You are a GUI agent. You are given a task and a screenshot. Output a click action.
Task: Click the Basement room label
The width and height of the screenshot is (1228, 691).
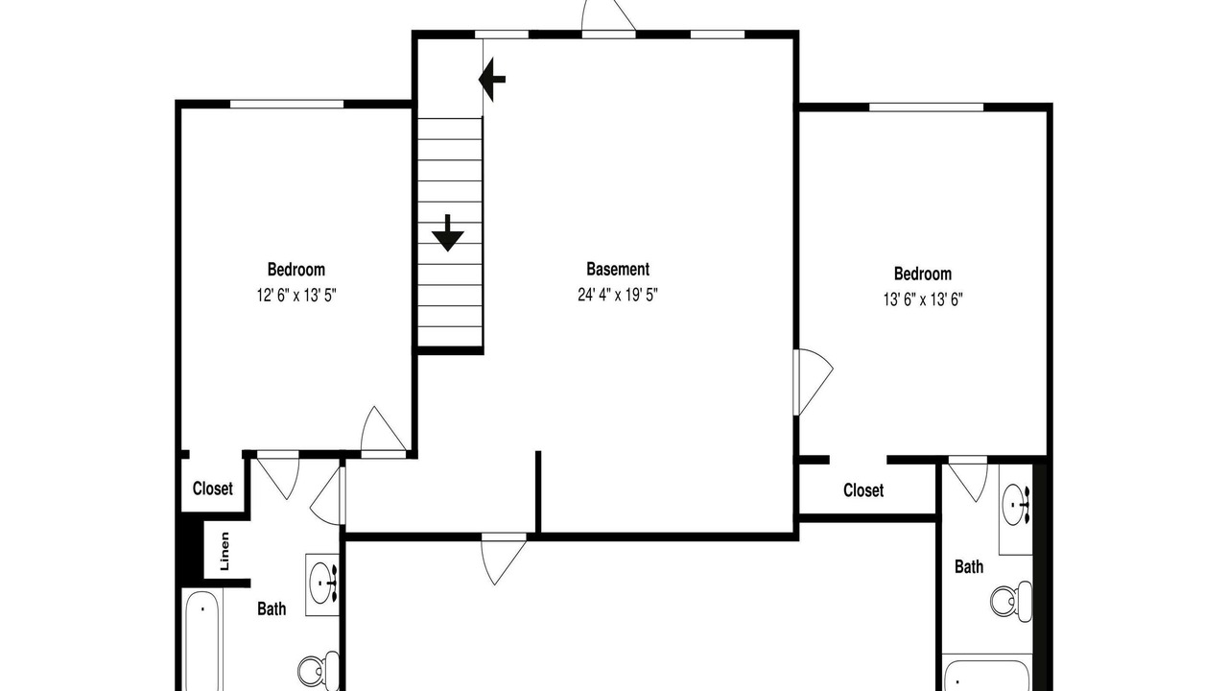tap(618, 270)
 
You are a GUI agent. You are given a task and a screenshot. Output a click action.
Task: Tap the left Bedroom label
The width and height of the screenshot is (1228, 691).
tap(296, 270)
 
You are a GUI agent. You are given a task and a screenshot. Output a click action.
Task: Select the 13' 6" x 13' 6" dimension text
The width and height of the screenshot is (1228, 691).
tap(923, 299)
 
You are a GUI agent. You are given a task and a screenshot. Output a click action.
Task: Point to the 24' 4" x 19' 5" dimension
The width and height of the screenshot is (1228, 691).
tap(618, 295)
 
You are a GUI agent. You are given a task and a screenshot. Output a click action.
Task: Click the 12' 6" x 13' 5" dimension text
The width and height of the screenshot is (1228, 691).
tap(296, 296)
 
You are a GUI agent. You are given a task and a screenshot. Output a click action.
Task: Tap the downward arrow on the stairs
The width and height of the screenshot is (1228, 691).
tap(448, 233)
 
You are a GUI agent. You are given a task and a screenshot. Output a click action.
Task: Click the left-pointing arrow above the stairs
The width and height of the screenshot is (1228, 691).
tap(492, 80)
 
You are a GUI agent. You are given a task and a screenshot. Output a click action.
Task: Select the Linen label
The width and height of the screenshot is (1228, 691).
tap(224, 551)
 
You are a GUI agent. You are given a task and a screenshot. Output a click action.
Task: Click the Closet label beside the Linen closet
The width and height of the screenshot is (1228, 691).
tap(213, 488)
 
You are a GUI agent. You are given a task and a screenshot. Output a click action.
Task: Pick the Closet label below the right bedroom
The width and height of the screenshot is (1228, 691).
tap(863, 490)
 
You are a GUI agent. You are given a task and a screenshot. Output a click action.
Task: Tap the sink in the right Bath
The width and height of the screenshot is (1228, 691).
tap(1016, 504)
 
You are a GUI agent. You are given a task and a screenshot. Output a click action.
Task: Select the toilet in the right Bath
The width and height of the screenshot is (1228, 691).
tap(1011, 602)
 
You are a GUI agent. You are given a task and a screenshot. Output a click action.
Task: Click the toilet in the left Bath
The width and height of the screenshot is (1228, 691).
tap(319, 670)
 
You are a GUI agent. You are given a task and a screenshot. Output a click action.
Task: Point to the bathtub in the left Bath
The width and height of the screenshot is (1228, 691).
tap(201, 640)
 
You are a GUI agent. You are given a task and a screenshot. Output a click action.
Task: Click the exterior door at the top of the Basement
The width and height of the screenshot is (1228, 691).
tap(608, 16)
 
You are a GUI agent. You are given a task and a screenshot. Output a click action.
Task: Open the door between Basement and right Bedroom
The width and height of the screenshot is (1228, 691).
tap(813, 382)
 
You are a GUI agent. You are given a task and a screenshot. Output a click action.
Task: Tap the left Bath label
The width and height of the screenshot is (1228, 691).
tap(272, 608)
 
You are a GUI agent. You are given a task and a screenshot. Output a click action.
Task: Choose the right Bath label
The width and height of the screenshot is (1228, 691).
tap(969, 566)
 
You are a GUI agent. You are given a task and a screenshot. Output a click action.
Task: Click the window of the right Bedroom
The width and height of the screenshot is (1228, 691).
tap(927, 107)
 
